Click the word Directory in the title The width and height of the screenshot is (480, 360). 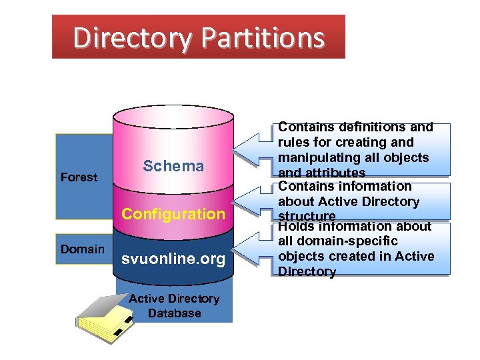coord(133,37)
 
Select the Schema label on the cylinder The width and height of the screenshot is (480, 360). coord(173,166)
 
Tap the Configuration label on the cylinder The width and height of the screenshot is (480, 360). coord(173,214)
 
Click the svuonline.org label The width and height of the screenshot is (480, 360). coord(173,259)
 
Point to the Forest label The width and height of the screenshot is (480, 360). coord(79,177)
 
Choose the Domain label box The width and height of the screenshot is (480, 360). coord(83,249)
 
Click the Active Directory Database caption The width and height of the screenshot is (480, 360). coord(174,306)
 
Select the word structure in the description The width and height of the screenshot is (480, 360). coord(307,216)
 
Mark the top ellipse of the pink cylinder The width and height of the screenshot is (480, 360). coord(173,115)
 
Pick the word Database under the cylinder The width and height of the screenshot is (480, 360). coord(174,313)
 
